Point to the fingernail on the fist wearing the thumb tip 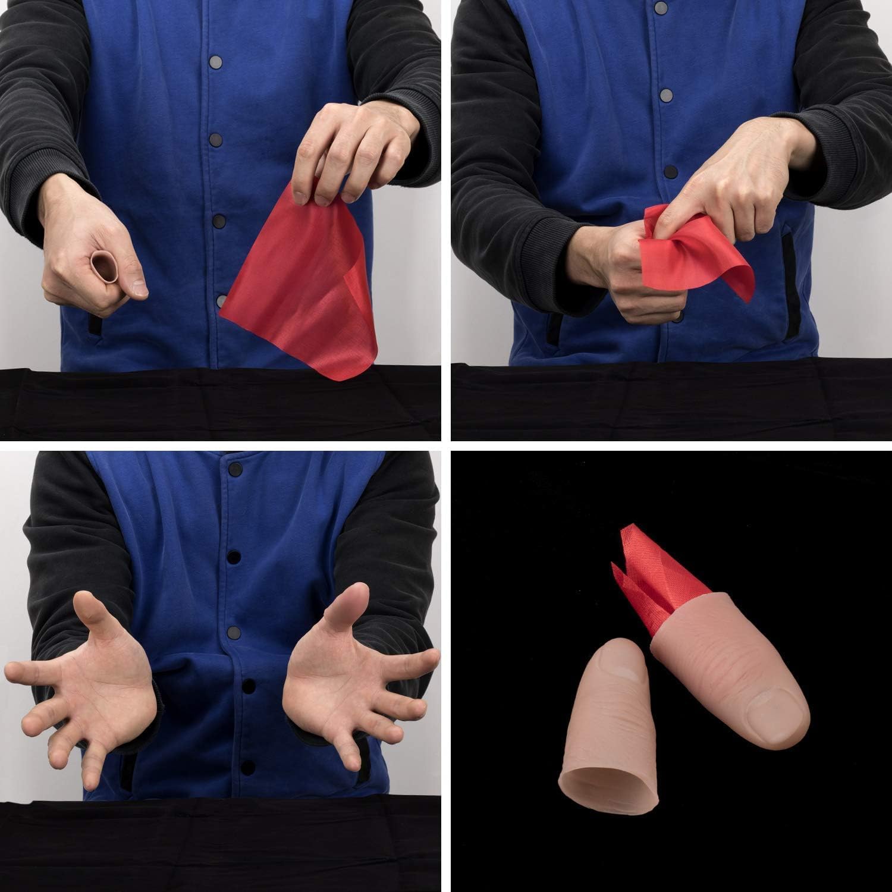click(x=139, y=288)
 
